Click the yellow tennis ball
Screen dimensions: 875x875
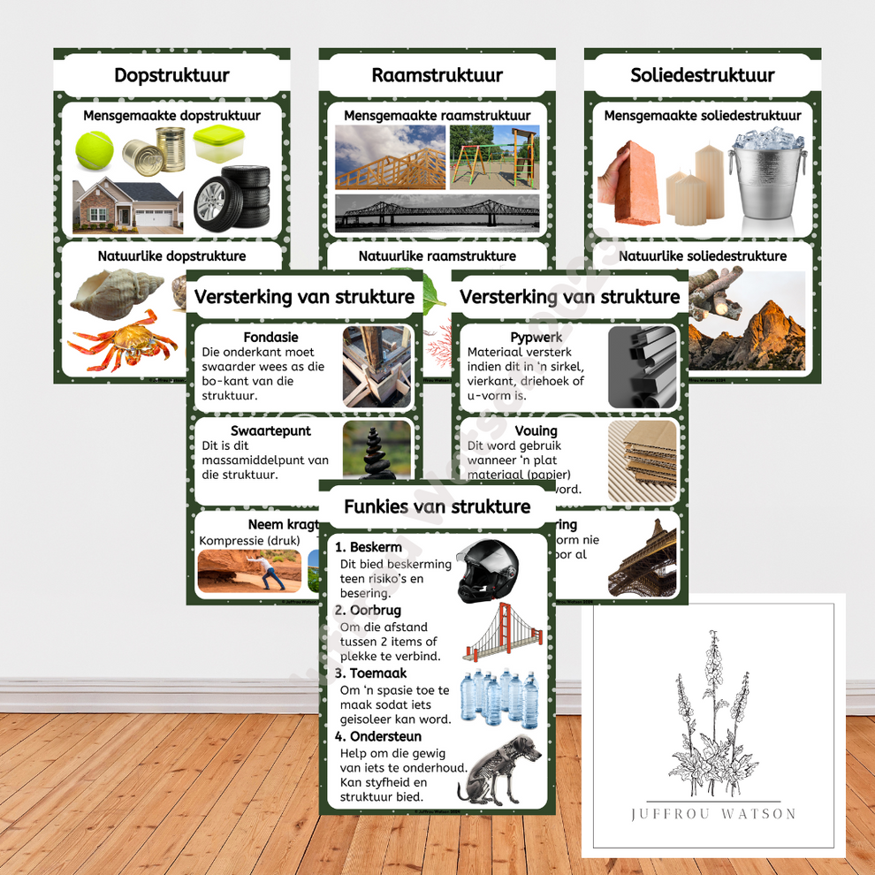pyautogui.click(x=94, y=150)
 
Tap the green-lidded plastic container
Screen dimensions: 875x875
pyautogui.click(x=219, y=143)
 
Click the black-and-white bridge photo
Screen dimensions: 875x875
pyautogui.click(x=437, y=213)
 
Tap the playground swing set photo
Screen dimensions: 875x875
pyautogui.click(x=493, y=156)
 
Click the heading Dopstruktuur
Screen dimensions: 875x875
pyautogui.click(x=171, y=75)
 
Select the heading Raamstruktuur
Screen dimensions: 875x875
pyautogui.click(x=437, y=75)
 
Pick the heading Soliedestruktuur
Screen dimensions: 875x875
pyautogui.click(x=702, y=75)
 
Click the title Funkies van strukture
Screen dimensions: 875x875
pyautogui.click(x=437, y=506)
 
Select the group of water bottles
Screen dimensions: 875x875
pyautogui.click(x=500, y=696)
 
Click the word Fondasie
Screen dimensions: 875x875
pyautogui.click(x=270, y=337)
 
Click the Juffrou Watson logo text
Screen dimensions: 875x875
pyautogui.click(x=712, y=814)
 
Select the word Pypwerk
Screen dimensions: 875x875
pyautogui.click(x=536, y=337)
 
